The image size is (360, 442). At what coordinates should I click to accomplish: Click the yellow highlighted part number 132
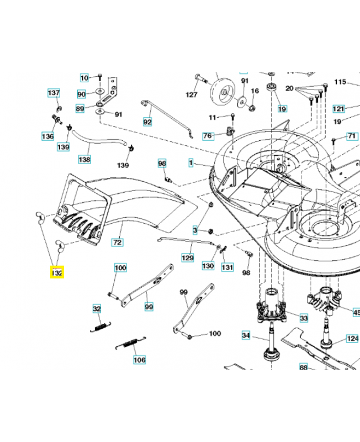point(57,273)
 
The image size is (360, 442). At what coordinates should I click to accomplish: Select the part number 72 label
point(117,243)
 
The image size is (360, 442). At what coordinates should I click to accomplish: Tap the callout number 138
point(84,159)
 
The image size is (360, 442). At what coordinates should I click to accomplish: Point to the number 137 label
point(54,93)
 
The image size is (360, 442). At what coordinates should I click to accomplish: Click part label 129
point(188,258)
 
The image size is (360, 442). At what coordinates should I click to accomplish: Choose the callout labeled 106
point(140,360)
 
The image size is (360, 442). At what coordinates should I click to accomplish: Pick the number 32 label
point(97,309)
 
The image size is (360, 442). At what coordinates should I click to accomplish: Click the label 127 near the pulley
point(191,95)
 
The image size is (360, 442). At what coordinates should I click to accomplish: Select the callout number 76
point(208,135)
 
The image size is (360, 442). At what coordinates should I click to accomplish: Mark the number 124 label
point(352,338)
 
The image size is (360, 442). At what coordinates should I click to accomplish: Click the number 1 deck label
point(190,163)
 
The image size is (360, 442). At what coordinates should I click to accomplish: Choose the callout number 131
point(227,266)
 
